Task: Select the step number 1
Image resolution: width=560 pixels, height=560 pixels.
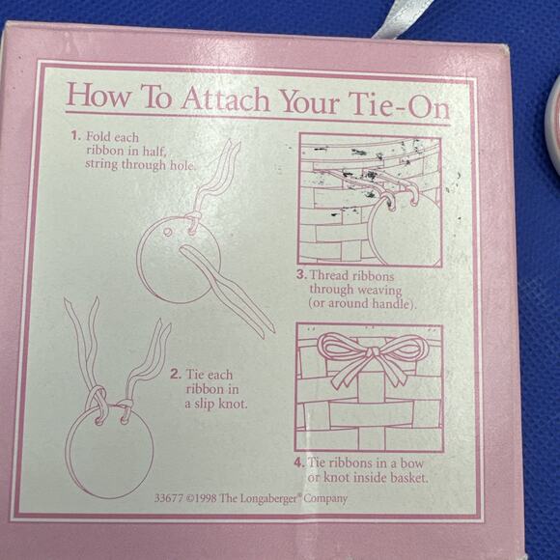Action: click(75, 136)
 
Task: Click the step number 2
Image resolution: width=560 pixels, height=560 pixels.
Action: click(176, 375)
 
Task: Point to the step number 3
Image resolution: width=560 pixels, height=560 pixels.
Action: click(302, 274)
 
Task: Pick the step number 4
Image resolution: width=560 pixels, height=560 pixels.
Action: click(299, 462)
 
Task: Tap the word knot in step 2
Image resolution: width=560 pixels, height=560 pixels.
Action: click(233, 404)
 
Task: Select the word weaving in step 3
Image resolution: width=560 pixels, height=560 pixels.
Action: click(379, 290)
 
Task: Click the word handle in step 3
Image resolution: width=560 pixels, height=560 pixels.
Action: click(393, 303)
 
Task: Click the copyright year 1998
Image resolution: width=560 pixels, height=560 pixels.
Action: click(206, 498)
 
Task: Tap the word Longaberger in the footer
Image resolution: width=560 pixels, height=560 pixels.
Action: click(268, 498)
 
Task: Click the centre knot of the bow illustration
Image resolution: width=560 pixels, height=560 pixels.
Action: click(374, 352)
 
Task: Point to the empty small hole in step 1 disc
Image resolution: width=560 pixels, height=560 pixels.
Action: click(167, 232)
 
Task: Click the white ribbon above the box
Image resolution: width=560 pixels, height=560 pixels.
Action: click(400, 20)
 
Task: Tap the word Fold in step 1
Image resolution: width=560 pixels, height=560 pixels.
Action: click(98, 136)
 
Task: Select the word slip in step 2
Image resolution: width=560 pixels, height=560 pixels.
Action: click(205, 405)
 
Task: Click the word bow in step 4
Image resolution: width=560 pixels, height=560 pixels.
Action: click(411, 462)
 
